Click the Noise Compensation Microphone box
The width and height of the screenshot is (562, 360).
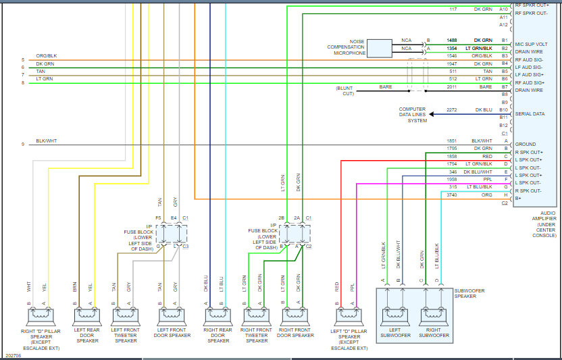point(379,49)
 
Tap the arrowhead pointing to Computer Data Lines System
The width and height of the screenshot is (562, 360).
point(432,114)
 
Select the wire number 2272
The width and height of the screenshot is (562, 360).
point(452,109)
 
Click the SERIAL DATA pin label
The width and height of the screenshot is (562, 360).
point(530,114)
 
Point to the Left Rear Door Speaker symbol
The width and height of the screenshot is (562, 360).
point(87,317)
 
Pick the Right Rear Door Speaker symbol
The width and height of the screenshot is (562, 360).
point(218,317)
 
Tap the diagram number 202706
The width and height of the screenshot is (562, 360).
point(14,356)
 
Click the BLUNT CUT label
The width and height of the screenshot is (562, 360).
point(344,91)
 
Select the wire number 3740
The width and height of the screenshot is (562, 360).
point(452,195)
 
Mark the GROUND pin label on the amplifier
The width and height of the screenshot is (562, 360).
point(526,144)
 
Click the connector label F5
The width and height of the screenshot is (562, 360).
point(159,217)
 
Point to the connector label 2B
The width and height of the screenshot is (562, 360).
point(282,217)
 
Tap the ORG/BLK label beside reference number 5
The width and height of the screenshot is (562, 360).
point(46,56)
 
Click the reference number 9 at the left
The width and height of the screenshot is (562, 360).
point(22,145)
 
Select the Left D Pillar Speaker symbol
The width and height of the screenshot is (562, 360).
point(349,317)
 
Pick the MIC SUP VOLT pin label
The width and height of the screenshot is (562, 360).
point(531,44)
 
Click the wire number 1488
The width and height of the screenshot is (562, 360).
point(452,40)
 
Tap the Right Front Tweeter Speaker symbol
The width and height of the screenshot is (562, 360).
point(257,317)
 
